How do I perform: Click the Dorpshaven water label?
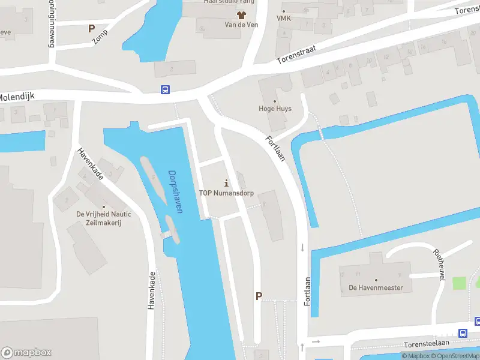176,191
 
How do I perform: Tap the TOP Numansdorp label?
226,193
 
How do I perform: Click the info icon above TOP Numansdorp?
226,182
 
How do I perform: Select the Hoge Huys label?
275,109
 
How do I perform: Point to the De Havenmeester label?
376,287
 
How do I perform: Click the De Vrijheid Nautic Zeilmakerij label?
103,218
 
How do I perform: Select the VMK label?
284,19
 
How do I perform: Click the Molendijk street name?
18,96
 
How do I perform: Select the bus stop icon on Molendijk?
165,90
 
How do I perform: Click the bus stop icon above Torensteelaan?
463,333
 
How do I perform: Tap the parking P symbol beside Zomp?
91,28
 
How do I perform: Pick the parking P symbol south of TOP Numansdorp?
259,296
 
